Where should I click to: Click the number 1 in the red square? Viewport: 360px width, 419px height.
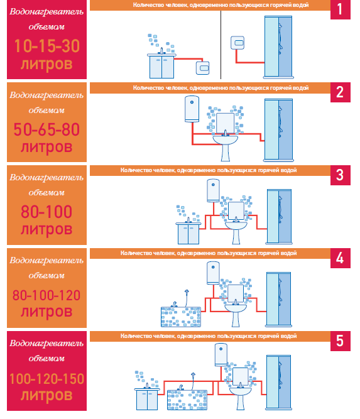pos(341,9)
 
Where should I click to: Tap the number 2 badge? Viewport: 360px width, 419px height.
pos(341,92)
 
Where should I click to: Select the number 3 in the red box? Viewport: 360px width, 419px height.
pos(341,175)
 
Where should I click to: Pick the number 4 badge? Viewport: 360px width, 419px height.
pos(341,258)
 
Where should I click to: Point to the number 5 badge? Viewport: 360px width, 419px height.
pos(341,341)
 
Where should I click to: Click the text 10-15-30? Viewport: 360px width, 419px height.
pos(46,46)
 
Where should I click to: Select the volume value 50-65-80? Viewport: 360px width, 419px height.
pos(46,129)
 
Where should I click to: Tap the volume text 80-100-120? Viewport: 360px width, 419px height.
pos(46,295)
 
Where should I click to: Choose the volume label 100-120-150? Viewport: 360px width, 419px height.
pos(46,379)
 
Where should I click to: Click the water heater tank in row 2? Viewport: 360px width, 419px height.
pos(192,109)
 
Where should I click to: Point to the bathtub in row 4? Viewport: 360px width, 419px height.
pos(181,317)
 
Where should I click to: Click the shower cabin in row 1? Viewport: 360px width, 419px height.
pos(278,47)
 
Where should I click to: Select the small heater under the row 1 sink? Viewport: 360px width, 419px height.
pos(202,68)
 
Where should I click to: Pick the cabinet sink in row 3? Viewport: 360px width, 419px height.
pos(188,233)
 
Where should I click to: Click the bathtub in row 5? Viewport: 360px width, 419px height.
pos(187,400)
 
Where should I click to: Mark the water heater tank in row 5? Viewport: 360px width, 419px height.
pos(221,355)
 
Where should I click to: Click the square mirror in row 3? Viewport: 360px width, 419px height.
pos(236,210)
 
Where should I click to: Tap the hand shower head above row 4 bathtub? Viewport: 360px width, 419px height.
pos(187,291)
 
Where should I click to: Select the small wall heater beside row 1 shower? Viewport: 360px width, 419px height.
pos(237,43)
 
